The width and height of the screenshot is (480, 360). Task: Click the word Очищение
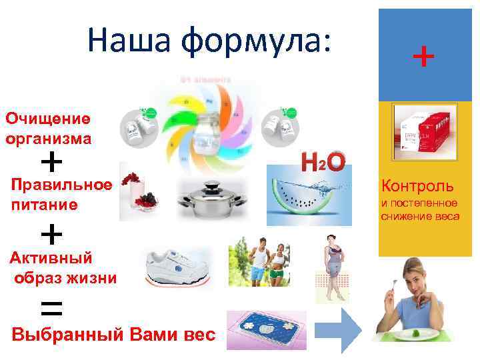[47, 119]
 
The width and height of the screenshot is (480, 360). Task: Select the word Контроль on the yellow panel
[417, 185]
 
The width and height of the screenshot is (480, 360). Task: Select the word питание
[44, 205]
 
